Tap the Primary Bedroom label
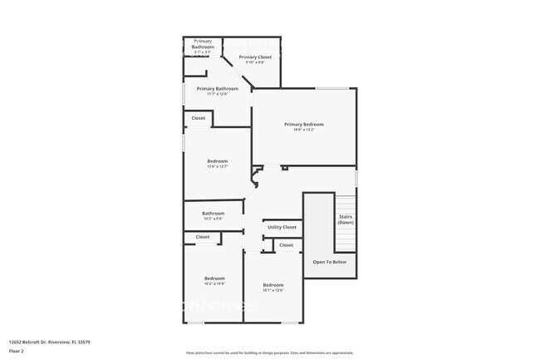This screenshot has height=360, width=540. point(304,124)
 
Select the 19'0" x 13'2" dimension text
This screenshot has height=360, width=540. point(304,130)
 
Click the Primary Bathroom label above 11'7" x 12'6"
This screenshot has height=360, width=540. point(218,88)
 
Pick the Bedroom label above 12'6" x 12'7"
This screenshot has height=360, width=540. point(217,160)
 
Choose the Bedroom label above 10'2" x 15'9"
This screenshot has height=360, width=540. point(215,278)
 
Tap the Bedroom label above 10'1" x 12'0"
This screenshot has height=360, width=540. point(273,284)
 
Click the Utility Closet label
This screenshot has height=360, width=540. point(282,227)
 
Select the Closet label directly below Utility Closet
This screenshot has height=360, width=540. point(286,245)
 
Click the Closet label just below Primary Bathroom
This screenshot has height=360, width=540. point(199,118)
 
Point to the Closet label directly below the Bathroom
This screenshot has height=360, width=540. point(203,237)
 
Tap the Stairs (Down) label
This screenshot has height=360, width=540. point(346,219)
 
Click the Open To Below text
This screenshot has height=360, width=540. point(329,262)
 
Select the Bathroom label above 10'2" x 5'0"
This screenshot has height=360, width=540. point(214,213)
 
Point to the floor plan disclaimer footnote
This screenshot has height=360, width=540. point(270,353)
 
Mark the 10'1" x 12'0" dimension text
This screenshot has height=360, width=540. point(273,290)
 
